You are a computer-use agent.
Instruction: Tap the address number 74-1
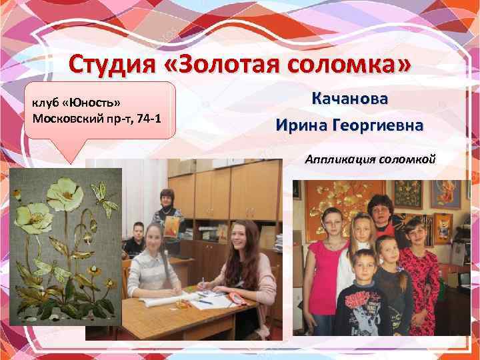tap(155, 119)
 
